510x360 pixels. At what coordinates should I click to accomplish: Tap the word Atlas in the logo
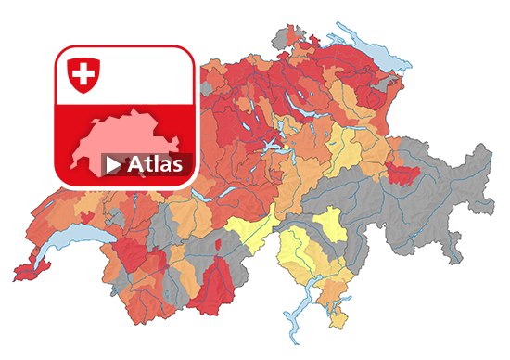[x=155, y=164]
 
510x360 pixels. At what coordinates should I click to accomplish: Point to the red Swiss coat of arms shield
[x=84, y=73]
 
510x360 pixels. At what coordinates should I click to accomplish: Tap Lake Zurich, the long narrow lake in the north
[x=306, y=103]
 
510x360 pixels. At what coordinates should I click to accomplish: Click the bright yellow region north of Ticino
[x=328, y=224]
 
